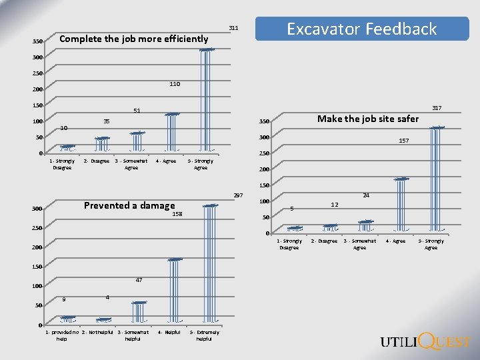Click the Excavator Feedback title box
(x=362, y=29)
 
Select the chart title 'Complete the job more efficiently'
(x=134, y=39)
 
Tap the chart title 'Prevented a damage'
(x=129, y=205)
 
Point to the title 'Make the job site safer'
(x=368, y=119)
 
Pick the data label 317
(x=436, y=107)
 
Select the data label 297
(x=239, y=195)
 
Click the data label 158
(x=177, y=215)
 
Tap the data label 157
(x=404, y=141)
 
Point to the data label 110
(x=175, y=84)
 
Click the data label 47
(x=139, y=280)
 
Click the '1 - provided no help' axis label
(x=61, y=335)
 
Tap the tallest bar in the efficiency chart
(x=207, y=100)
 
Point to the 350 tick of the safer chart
(x=264, y=121)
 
